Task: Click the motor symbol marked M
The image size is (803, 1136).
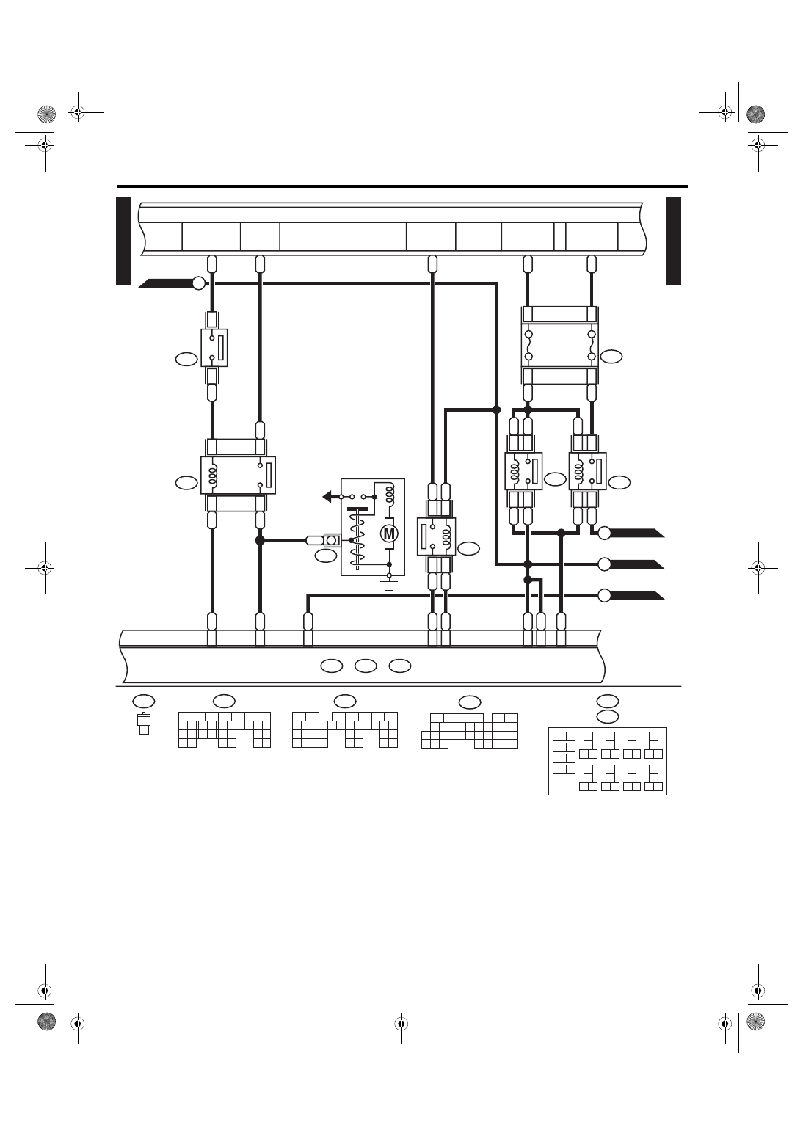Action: pyautogui.click(x=389, y=534)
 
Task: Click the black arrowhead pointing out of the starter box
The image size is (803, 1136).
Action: pyautogui.click(x=327, y=497)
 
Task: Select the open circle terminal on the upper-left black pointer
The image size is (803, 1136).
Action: pyautogui.click(x=200, y=283)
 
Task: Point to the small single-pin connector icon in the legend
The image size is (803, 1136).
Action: pyautogui.click(x=144, y=724)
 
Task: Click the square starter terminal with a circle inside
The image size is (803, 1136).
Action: pyautogui.click(x=331, y=541)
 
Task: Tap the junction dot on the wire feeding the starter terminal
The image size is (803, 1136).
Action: pyautogui.click(x=261, y=541)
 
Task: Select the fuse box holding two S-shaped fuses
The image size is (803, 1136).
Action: pyautogui.click(x=559, y=346)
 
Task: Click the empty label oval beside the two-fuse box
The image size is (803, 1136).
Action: pyautogui.click(x=611, y=357)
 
